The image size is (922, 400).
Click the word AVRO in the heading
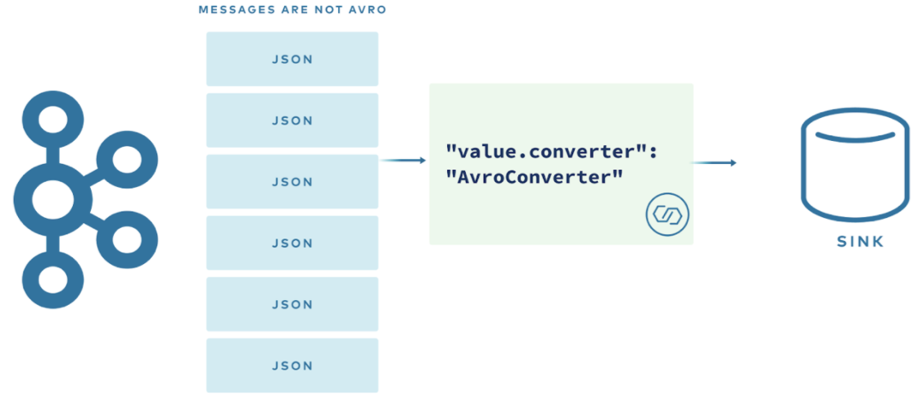pos(368,11)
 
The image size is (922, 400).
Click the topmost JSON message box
pos(292,59)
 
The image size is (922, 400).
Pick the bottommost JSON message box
pos(292,366)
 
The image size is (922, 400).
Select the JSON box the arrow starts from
pos(292,182)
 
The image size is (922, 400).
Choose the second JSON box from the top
pos(292,120)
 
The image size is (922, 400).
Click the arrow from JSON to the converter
pos(404,161)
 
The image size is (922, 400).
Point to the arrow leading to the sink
pos(714,162)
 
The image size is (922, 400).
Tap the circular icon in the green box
pos(667,215)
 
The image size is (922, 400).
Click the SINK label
pos(860,243)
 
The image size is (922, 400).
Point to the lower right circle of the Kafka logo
pos(126,239)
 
